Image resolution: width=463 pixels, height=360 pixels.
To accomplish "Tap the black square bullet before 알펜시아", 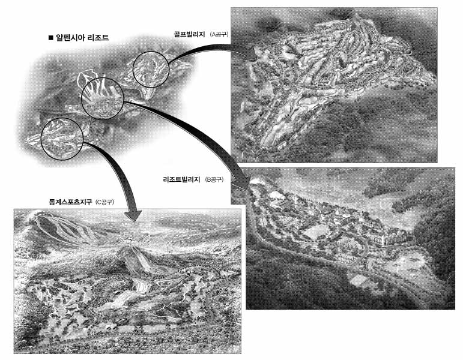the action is click(50, 38).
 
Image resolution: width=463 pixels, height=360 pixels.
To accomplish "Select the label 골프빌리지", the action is click(189, 34).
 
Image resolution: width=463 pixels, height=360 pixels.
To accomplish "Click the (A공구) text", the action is click(219, 35).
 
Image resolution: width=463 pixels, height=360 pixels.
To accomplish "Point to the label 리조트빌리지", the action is click(181, 179).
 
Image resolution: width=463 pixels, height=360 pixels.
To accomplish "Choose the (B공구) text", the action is click(214, 179).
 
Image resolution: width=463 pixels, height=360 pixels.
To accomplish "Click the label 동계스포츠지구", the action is click(70, 202).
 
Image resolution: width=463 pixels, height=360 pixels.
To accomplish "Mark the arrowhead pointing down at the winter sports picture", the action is click(133, 215).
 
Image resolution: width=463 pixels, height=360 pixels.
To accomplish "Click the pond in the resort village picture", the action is click(316, 231).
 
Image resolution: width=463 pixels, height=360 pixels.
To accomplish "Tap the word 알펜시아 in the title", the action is click(70, 38).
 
